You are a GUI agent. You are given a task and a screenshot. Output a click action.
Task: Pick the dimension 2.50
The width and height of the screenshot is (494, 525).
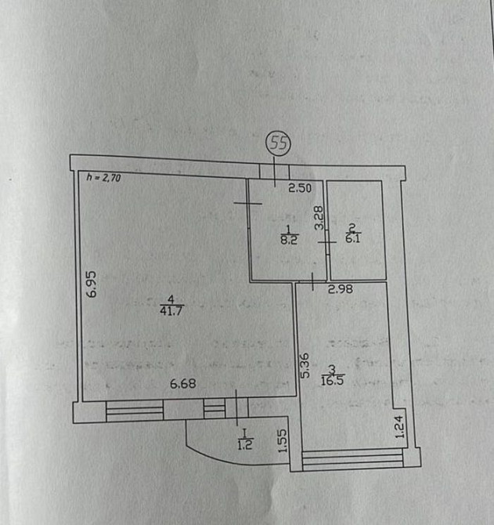click(300, 188)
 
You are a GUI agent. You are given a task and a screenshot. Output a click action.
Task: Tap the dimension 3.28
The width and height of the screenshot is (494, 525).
click(319, 216)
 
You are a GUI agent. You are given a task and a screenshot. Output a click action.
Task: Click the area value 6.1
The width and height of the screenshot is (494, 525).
click(352, 239)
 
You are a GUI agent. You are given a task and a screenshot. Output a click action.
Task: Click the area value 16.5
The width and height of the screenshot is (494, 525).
click(333, 382)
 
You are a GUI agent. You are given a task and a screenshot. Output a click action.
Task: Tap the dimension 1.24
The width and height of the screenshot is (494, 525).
click(398, 427)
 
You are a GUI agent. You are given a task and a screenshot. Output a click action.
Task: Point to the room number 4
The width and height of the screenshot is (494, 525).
click(171, 298)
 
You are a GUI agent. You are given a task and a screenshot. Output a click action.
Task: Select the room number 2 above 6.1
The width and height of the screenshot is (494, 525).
click(352, 228)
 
